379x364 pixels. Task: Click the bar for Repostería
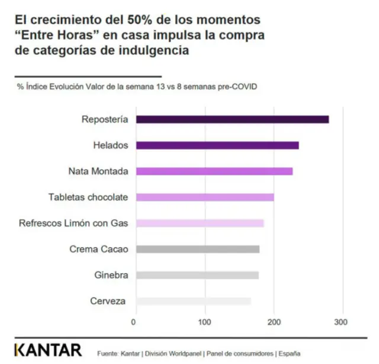(232, 120)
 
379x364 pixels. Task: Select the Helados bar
(217, 145)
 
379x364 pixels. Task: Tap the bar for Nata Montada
(214, 171)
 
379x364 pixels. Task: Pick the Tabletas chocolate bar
(205, 197)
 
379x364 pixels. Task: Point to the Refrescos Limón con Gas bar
(200, 223)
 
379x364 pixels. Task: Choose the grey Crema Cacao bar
(198, 249)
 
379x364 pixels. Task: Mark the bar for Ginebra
(197, 275)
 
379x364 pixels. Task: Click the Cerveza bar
(194, 301)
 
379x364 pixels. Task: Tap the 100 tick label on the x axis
(205, 322)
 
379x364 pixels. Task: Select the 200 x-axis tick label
(274, 322)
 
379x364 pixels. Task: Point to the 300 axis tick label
(341, 322)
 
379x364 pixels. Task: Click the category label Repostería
(104, 120)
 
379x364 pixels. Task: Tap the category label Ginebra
(111, 275)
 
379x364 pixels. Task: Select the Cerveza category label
(108, 301)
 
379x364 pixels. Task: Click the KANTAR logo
(49, 350)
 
